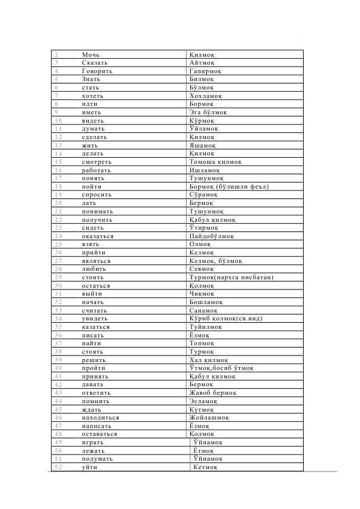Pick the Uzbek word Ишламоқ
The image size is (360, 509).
[x=206, y=170]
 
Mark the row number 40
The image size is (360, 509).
[x=58, y=368]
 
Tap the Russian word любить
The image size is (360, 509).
[x=94, y=268]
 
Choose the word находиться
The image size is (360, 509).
[x=100, y=417]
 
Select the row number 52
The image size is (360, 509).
[x=58, y=467]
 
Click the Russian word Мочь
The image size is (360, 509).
[x=91, y=54]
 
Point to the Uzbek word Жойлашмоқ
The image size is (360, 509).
[x=208, y=417]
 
